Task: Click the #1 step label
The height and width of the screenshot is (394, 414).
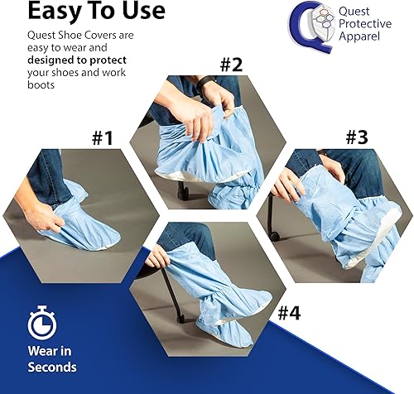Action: (x=101, y=137)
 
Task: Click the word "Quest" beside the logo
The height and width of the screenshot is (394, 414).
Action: (x=358, y=11)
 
